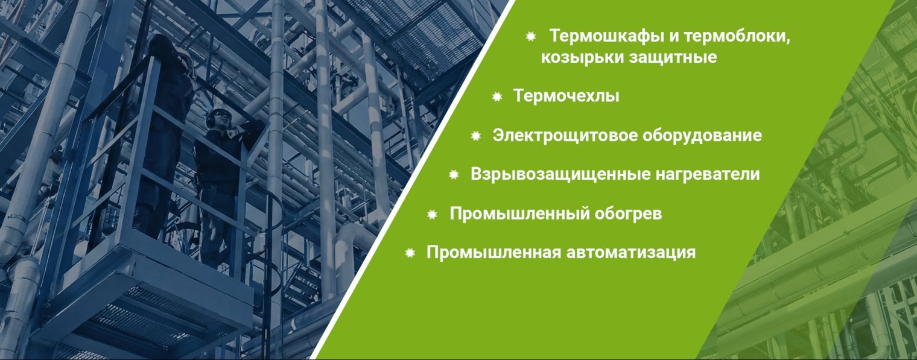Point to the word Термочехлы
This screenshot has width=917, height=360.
coord(566,96)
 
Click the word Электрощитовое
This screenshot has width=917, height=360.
coord(563,136)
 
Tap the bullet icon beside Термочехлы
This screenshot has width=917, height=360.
coord(497,96)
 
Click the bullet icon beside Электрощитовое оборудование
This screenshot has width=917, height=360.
coord(476,136)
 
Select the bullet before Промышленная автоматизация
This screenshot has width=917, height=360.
coord(410,253)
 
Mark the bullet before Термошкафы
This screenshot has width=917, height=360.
coord(531,37)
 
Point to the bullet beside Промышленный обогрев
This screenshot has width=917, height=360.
coord(432,215)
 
